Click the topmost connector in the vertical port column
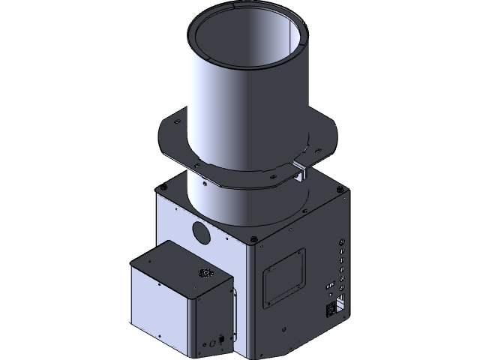pyautogui.click(x=343, y=242)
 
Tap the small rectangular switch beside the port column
pyautogui.click(x=329, y=286)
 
